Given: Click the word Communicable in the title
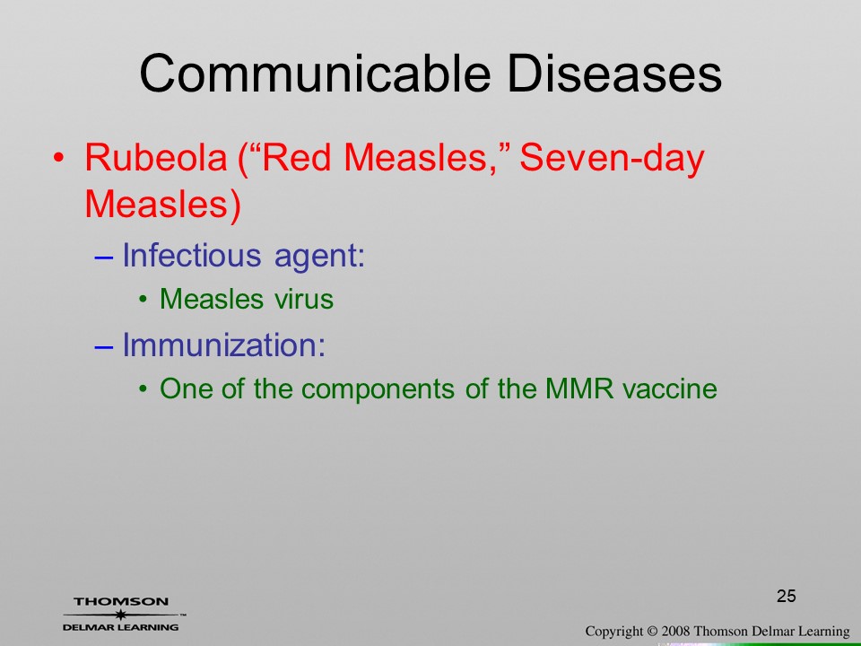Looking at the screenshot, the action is [315, 74].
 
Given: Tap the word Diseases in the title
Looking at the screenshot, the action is [613, 74].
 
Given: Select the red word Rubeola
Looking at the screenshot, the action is [156, 157].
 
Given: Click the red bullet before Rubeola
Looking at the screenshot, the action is [59, 158].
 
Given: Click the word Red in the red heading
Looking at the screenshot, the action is [297, 157].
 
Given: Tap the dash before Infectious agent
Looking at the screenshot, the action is [104, 258].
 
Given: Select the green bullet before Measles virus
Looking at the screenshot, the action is [143, 300].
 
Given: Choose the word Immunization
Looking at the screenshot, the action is [223, 345].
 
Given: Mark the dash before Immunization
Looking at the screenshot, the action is [104, 347].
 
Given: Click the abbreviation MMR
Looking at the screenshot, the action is [579, 388].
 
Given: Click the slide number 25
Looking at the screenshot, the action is [787, 596].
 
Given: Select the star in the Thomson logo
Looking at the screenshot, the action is [120, 614].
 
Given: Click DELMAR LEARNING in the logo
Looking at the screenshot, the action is [121, 627].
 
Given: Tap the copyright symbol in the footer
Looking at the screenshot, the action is [652, 632].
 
